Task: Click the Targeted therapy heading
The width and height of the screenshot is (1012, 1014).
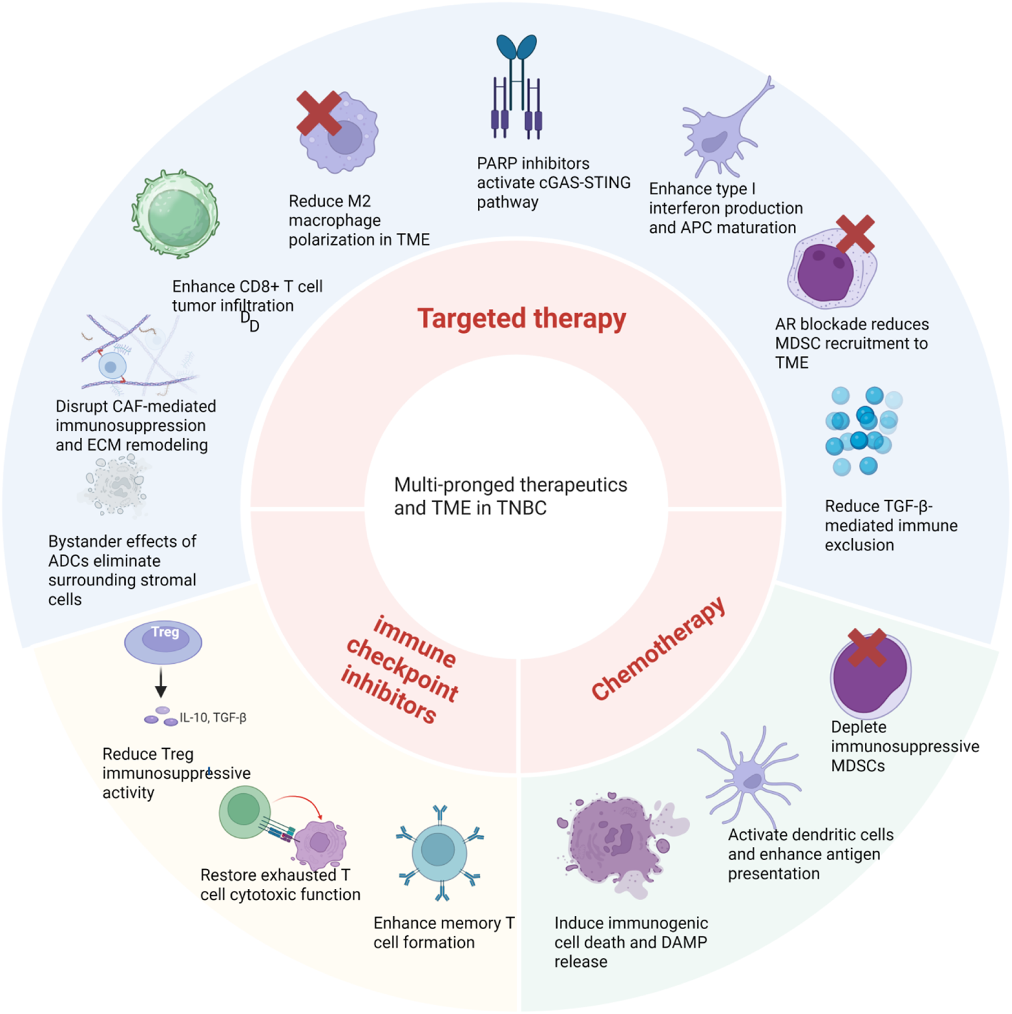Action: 522,319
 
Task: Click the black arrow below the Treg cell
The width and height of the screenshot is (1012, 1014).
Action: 161,682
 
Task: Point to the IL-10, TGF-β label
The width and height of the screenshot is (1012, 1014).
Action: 213,717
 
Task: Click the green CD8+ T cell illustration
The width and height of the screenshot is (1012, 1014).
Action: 176,215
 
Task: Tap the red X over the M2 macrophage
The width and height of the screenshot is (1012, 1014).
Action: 319,113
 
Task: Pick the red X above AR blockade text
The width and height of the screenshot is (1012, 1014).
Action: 855,234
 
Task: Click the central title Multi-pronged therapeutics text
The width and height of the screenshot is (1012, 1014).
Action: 510,496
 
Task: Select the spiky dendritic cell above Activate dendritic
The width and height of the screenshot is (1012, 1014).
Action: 751,779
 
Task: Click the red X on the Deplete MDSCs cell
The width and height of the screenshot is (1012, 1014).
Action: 866,648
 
